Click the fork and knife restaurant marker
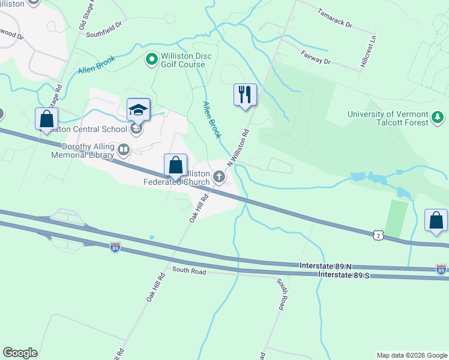[x=245, y=95]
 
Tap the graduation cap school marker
[x=138, y=110]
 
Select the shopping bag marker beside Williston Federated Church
[x=175, y=165]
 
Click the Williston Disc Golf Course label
[x=183, y=59]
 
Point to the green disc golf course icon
[x=151, y=59]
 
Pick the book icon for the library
[x=124, y=149]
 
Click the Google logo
[x=20, y=353]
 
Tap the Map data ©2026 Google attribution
[x=411, y=355]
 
